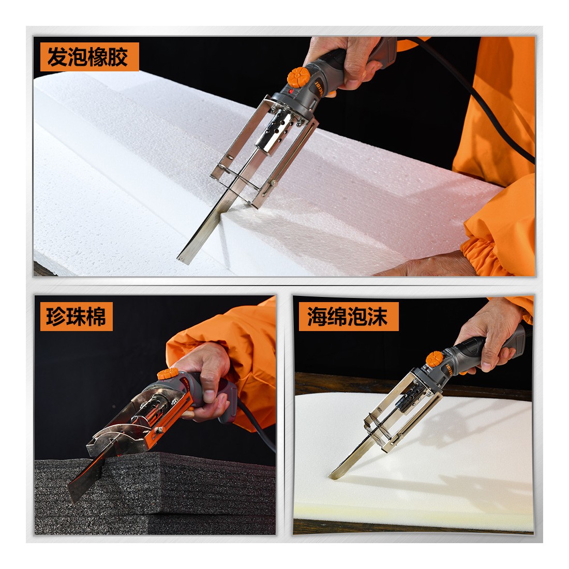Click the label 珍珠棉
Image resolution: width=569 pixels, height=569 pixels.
click(76, 317)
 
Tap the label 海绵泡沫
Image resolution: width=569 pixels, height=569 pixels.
click(348, 317)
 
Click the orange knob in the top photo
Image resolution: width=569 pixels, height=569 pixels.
click(298, 77)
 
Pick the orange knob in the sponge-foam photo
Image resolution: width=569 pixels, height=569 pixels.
click(435, 358)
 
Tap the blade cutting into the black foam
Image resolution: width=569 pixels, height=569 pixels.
click(84, 478)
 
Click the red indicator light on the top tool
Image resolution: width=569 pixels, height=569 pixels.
click(291, 92)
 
